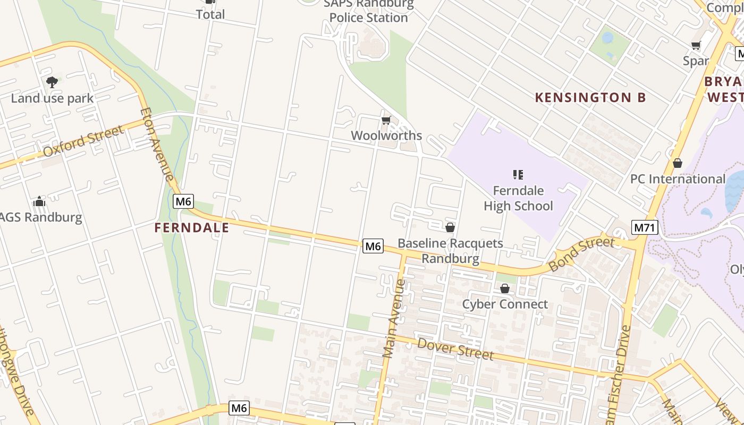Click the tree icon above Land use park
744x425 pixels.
pyautogui.click(x=52, y=82)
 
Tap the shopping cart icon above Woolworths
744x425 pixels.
pyautogui.click(x=386, y=121)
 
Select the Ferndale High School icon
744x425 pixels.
pyautogui.click(x=518, y=174)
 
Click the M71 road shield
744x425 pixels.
pyautogui.click(x=645, y=228)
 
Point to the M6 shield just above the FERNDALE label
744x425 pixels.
pyautogui.click(x=183, y=201)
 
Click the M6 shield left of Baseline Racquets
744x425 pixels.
pyautogui.click(x=373, y=246)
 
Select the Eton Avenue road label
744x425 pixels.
pyautogui.click(x=157, y=144)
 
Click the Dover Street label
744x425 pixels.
pyautogui.click(x=455, y=349)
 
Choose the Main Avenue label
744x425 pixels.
pyautogui.click(x=394, y=318)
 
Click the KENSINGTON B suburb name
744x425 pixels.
pyautogui.click(x=590, y=97)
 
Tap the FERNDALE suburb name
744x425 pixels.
pyautogui.click(x=191, y=228)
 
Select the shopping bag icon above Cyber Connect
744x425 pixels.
pyautogui.click(x=505, y=288)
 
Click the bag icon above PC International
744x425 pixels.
pyautogui.click(x=677, y=163)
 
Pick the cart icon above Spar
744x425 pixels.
pyautogui.click(x=696, y=46)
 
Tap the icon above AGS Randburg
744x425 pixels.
pyautogui.click(x=39, y=201)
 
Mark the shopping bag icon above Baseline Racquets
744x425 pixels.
pyautogui.click(x=450, y=227)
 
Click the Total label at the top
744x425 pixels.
pyautogui.click(x=210, y=14)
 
